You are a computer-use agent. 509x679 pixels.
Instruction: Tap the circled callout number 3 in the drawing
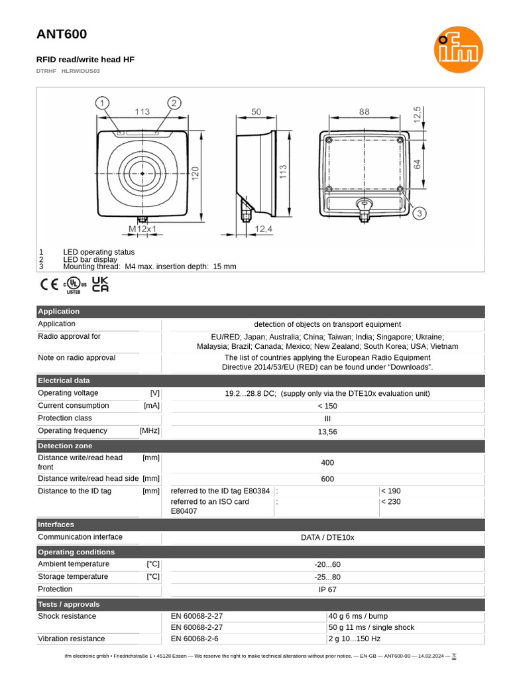[x=419, y=213]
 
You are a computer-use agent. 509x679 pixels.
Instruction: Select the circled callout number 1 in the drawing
[x=102, y=103]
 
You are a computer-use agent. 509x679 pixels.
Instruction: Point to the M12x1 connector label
[x=142, y=229]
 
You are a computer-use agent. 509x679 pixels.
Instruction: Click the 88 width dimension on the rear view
[x=365, y=112]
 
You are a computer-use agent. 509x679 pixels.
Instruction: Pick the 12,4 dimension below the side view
[x=263, y=229]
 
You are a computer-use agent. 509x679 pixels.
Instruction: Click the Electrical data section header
[x=64, y=381]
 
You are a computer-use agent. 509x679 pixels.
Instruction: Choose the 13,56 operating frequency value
[x=327, y=432]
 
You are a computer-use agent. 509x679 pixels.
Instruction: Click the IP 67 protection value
[x=327, y=589]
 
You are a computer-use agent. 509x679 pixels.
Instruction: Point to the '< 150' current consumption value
[x=327, y=406]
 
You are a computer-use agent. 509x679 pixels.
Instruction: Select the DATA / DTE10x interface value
[x=327, y=537]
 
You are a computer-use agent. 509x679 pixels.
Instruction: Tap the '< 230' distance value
[x=391, y=502]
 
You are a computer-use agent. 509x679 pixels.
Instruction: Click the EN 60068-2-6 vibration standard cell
[x=195, y=639]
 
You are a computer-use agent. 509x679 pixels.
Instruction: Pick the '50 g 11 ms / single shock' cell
[x=371, y=627]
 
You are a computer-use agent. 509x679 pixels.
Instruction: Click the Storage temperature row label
[x=74, y=577]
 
